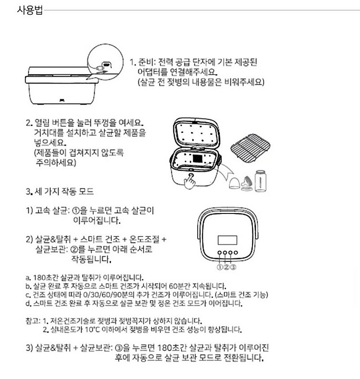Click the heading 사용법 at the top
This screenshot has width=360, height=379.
(29, 10)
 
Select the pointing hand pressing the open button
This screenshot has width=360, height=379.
(191, 179)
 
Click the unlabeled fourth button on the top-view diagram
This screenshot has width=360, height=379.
(237, 253)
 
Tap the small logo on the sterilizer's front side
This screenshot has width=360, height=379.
(62, 100)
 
